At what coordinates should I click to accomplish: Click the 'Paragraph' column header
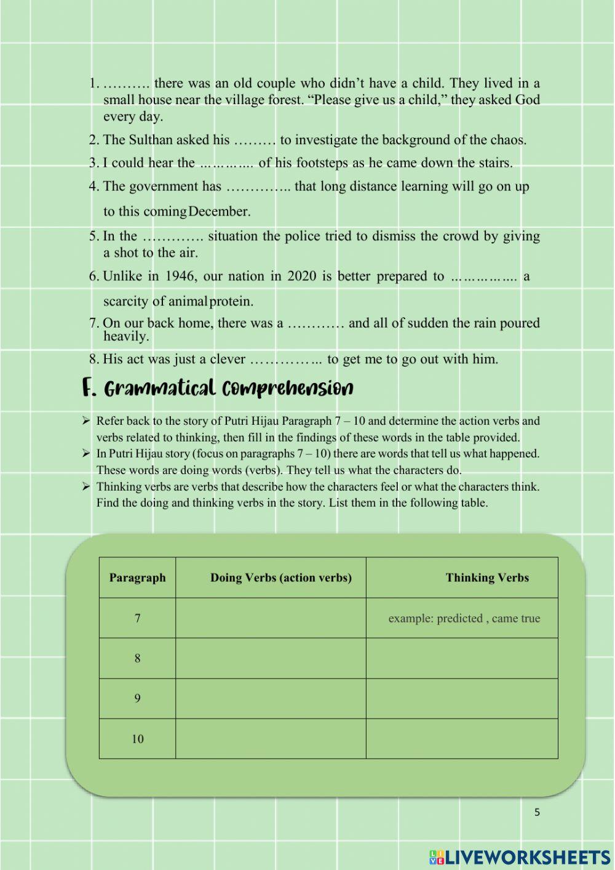(x=137, y=578)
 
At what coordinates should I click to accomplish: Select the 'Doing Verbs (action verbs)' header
(x=280, y=578)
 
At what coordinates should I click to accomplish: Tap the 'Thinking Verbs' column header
(x=487, y=578)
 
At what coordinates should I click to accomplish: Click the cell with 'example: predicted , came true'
(x=464, y=618)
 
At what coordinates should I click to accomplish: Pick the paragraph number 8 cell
(x=137, y=658)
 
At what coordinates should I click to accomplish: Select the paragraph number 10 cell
(x=137, y=739)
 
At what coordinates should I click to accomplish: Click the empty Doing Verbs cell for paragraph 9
(x=271, y=698)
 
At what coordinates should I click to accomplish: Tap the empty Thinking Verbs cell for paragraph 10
(x=462, y=739)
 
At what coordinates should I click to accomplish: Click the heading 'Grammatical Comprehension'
(x=218, y=389)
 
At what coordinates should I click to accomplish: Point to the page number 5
(x=537, y=812)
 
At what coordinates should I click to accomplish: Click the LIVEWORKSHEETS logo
(x=520, y=857)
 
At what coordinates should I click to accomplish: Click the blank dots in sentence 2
(x=255, y=140)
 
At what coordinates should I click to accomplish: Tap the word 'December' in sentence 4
(x=220, y=211)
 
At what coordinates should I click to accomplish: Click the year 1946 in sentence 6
(x=180, y=276)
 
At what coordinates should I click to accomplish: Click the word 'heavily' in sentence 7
(x=125, y=336)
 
